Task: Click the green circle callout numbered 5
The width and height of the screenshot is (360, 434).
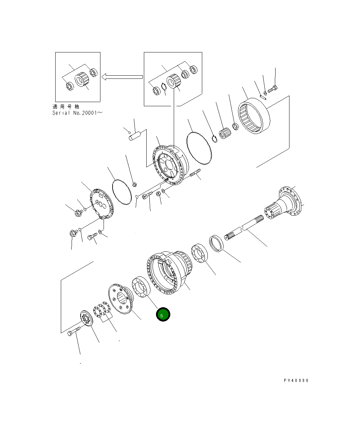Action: point(163,315)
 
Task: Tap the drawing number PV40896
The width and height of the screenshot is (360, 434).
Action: point(296,380)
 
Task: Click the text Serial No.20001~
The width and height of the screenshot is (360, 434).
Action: point(78,113)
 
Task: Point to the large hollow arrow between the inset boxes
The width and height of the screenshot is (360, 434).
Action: point(122,77)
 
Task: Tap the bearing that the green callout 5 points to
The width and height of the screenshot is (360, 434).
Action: point(140,288)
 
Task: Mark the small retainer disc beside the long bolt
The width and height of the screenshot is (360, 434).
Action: point(85,319)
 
